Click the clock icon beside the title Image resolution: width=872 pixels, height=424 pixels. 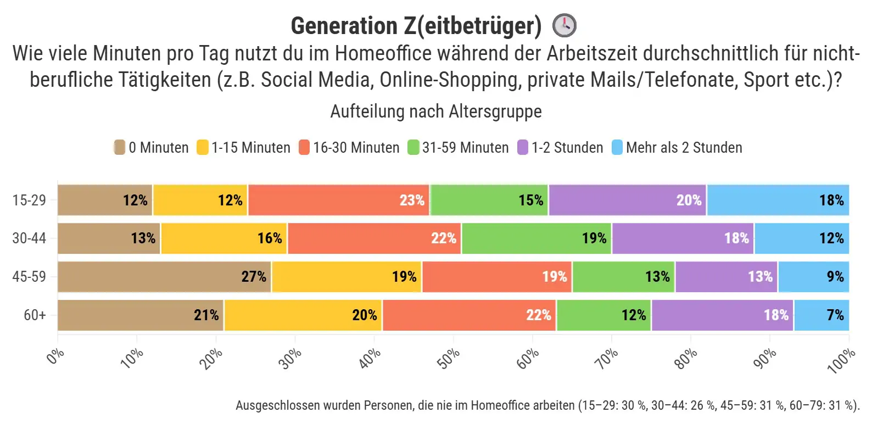coord(564,25)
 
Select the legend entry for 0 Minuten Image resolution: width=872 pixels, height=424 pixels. coord(151,148)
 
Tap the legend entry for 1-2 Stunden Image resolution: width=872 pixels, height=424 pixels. coord(560,148)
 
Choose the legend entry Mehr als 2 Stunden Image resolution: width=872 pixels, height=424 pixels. coord(677,148)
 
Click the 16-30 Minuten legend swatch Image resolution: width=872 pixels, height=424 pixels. coord(304,148)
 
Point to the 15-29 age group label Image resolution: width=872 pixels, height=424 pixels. coord(29,200)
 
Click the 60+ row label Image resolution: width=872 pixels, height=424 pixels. coord(35,315)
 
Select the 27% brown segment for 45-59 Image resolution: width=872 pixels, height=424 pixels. coord(164,277)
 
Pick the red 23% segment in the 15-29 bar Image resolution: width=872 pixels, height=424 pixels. coord(339,200)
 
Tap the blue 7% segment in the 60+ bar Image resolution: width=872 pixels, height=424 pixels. coord(821,315)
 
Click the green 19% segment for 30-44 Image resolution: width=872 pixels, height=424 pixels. coord(536,238)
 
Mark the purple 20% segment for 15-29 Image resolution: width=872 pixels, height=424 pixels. coord(627,200)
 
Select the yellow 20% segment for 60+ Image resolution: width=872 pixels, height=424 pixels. coord(303,315)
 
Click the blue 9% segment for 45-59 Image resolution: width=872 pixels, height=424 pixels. coord(813,277)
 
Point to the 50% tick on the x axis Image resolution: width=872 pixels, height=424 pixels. coord(449,359)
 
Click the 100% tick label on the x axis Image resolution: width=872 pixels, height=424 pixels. coord(841,361)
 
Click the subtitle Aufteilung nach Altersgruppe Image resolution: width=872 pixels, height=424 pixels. coord(436,111)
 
